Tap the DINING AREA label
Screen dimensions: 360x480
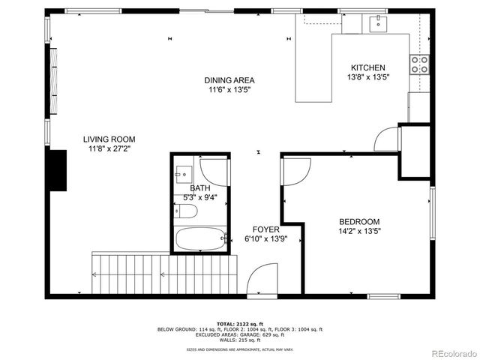coord(229,80)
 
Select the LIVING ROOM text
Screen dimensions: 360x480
coord(109,139)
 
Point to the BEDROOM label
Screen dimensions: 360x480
coord(359,221)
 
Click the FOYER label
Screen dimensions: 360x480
coord(265,229)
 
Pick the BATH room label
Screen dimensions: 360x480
coord(199,188)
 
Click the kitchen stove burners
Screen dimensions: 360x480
coord(418,64)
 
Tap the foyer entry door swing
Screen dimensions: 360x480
coord(263,280)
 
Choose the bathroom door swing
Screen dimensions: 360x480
coord(215,172)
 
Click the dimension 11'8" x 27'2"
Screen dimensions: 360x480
coord(109,148)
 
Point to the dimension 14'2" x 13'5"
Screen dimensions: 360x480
coord(359,231)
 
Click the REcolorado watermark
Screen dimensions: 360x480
coord(451,352)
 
